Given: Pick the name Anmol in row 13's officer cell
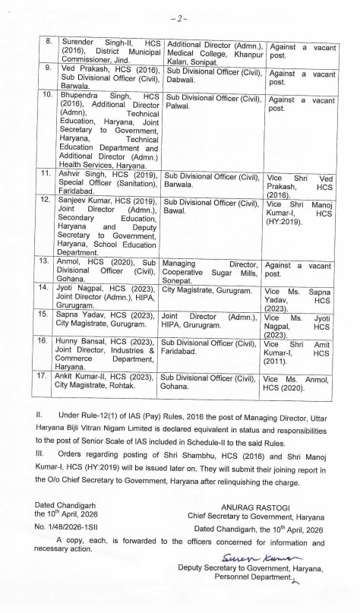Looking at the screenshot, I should coord(66,261).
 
